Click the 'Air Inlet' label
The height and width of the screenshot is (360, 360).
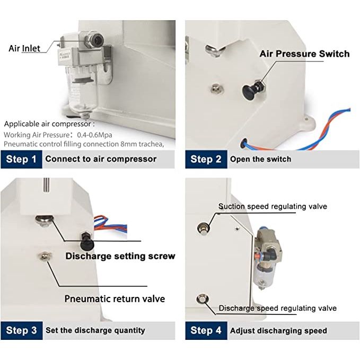[x=24, y=48]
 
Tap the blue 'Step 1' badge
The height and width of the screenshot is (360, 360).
[x=21, y=160]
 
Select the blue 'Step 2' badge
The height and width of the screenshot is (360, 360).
[x=206, y=160]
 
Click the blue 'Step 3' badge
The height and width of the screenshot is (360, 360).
[x=22, y=331]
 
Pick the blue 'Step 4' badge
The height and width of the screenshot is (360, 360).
[x=206, y=331]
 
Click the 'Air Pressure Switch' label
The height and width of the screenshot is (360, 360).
[x=305, y=54]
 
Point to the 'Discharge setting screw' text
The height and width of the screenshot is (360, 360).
[x=120, y=256]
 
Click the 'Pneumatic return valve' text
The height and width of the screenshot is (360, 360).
[x=115, y=298]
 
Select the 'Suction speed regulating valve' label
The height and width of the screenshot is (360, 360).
[x=273, y=206]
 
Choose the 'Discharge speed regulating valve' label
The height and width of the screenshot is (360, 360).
[x=278, y=308]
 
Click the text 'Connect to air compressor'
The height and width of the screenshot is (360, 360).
[x=101, y=159]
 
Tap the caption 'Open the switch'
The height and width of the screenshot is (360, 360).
[x=260, y=159]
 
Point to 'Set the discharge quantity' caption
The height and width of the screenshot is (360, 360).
[x=95, y=330]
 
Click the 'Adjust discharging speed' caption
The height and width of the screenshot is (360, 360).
[x=278, y=331]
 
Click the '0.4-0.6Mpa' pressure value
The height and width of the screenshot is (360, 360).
[x=94, y=135]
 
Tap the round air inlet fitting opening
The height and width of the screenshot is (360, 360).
[x=97, y=39]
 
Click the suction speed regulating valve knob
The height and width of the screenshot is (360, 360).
[x=203, y=228]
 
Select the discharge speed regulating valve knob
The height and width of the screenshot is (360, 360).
[x=203, y=299]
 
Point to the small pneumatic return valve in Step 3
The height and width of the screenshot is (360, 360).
[x=45, y=256]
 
